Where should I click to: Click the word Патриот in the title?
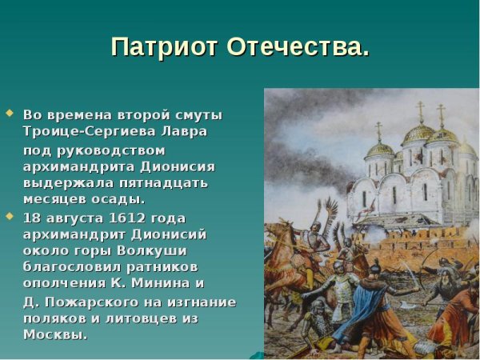pyautogui.click(x=165, y=46)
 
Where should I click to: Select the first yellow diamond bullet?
pyautogui.click(x=10, y=113)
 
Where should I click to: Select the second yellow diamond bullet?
pyautogui.click(x=10, y=216)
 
